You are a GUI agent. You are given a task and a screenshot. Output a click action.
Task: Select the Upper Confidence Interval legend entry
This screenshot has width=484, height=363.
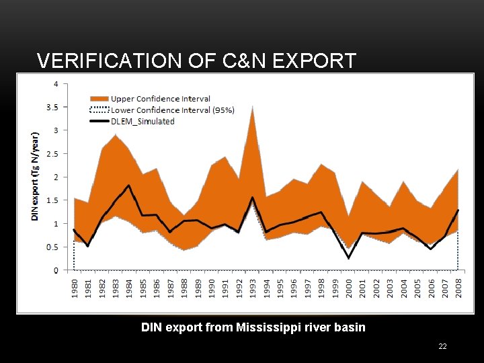(x=160, y=99)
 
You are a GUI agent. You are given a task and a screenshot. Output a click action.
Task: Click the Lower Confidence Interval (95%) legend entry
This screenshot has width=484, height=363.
(x=172, y=110)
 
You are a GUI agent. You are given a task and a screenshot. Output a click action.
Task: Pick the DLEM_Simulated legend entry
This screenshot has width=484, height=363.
(x=142, y=122)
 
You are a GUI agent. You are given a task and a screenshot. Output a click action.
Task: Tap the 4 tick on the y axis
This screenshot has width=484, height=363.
(x=65, y=84)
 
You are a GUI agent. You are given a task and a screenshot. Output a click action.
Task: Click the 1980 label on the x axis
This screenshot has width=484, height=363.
(x=75, y=290)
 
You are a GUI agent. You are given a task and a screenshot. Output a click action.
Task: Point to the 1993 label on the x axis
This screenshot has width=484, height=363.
(x=253, y=290)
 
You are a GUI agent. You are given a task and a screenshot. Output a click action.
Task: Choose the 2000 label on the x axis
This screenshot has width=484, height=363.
(x=349, y=290)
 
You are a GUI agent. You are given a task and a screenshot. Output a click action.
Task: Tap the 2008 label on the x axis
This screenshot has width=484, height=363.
(x=458, y=290)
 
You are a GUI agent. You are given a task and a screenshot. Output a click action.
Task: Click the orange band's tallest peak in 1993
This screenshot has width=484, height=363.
(x=253, y=107)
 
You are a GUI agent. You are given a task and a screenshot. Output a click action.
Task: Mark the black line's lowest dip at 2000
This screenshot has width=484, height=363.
(x=349, y=257)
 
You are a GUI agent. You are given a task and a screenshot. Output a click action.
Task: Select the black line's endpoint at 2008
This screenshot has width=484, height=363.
(x=458, y=210)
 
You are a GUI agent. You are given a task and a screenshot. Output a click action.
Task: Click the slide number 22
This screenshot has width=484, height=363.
(x=442, y=346)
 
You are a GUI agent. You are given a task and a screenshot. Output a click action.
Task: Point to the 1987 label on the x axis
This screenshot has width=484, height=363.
(x=171, y=290)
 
